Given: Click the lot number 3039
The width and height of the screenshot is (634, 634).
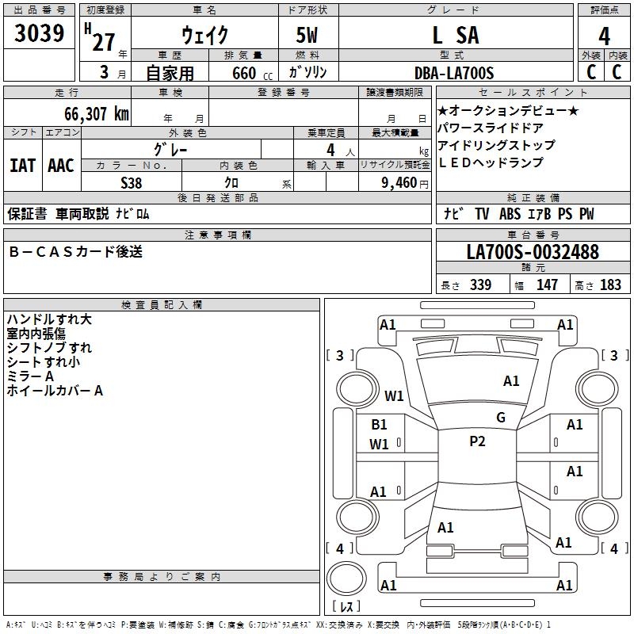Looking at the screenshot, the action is coord(39,32).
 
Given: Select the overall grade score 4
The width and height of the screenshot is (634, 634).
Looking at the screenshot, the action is coord(604,36).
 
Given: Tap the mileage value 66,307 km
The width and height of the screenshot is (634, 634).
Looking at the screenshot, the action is coord(96,114).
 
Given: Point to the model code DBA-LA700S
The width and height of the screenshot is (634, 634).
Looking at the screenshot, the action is coord(454,73).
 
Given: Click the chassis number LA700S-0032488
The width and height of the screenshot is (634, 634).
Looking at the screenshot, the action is coord(533,251).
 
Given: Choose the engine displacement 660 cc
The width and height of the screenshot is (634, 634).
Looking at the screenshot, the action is coord(252,73).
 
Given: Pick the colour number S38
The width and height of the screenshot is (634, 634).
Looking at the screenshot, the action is coord(132,183).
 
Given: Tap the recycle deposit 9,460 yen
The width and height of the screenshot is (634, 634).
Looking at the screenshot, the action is coord(404,183).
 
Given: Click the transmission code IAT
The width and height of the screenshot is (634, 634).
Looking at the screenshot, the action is coord(23,166).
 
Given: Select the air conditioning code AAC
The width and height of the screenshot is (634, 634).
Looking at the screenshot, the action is coord(61,166).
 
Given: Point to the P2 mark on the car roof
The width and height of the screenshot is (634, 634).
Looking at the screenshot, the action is coord(477,441).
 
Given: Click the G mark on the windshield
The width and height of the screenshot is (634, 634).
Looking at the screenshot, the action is coord(501,418).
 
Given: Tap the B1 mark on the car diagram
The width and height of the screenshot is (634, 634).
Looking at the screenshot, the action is coord(379,425).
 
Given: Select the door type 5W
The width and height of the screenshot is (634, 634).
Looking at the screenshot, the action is coord(307,35).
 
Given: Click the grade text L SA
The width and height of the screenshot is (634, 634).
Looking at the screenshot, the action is coord(456,35).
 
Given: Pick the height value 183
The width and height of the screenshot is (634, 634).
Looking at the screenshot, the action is coord(610,285).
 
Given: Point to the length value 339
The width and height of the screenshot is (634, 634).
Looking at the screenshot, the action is coord(480,285).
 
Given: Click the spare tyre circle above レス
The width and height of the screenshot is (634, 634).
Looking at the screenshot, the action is coord(346,578).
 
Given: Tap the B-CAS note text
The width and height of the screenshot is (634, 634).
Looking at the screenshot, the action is coord(75,251).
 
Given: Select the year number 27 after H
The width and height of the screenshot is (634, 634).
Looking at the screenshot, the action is coord(104,42).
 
